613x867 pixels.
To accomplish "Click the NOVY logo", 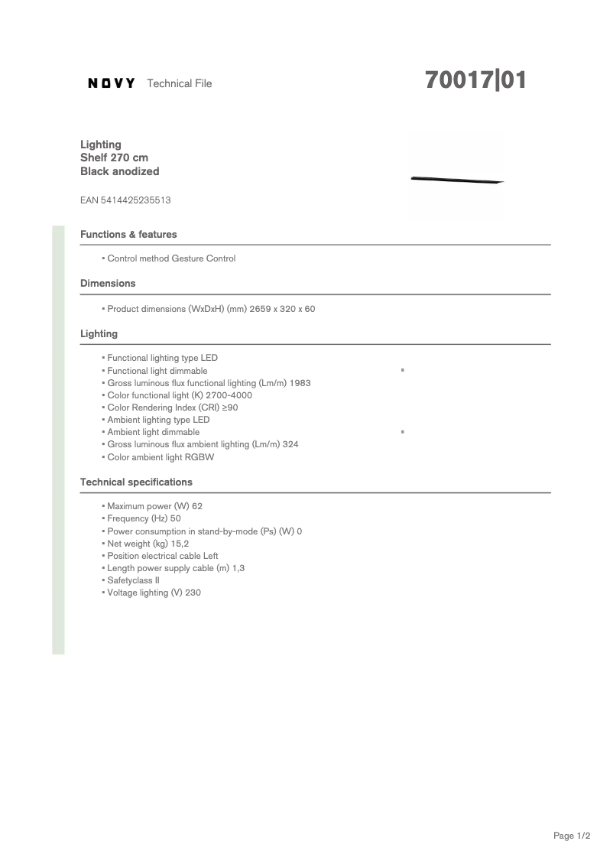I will pos(112,83).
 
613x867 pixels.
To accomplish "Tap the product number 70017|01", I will pos(475,81).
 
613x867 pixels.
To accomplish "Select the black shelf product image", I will pos(456,180).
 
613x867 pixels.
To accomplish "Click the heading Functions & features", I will pos(128,234).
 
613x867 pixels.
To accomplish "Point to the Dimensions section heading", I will pos(108,283).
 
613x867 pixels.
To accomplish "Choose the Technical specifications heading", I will pos(136,482).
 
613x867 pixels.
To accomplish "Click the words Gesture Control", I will pos(207,258).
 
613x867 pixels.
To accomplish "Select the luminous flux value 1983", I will pos(300,383).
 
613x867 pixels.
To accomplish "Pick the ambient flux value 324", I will pos(290,444).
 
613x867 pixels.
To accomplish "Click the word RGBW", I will pos(199,457).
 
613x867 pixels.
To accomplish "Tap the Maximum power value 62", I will pos(197,506).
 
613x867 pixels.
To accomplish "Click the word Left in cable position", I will pos(210,556).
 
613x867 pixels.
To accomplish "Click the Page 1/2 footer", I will pos(572,836).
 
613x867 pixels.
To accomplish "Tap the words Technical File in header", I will pos(179,83).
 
